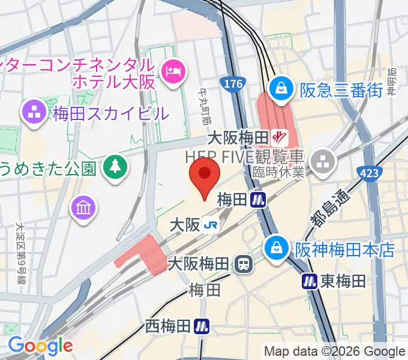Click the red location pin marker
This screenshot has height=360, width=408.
click(x=205, y=175)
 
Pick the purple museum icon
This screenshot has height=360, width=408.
click(x=83, y=208)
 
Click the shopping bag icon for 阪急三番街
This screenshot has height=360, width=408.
click(x=280, y=89)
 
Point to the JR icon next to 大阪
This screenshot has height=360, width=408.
click(x=211, y=225)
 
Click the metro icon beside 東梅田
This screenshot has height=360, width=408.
click(x=309, y=280)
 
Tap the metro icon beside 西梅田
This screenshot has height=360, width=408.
click(x=202, y=326)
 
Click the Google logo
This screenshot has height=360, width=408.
click(x=40, y=346)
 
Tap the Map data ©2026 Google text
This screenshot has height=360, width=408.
click(x=335, y=352)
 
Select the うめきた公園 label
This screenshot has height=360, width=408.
click(x=49, y=167)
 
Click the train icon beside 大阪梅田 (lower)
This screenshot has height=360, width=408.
click(x=244, y=263)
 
